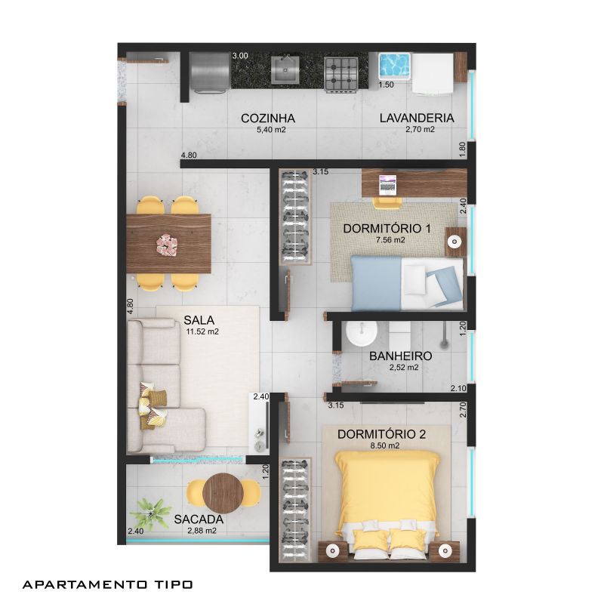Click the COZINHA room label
(x=268, y=118)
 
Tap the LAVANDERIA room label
(x=417, y=118)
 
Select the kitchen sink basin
(x=285, y=69)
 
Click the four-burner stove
(x=341, y=73)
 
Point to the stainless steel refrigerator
(x=210, y=72)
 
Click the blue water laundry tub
(x=394, y=66)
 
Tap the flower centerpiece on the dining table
(x=167, y=245)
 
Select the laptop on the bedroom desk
(x=387, y=184)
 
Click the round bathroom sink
(x=362, y=333)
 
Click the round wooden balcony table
(x=223, y=493)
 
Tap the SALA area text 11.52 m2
(x=202, y=331)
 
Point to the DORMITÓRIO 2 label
(x=381, y=434)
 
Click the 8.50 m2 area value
(x=384, y=445)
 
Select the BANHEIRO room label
(x=401, y=356)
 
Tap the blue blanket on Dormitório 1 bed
(x=376, y=283)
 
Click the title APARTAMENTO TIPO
(x=107, y=584)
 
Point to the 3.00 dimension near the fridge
(x=240, y=56)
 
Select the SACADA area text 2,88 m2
(x=202, y=531)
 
